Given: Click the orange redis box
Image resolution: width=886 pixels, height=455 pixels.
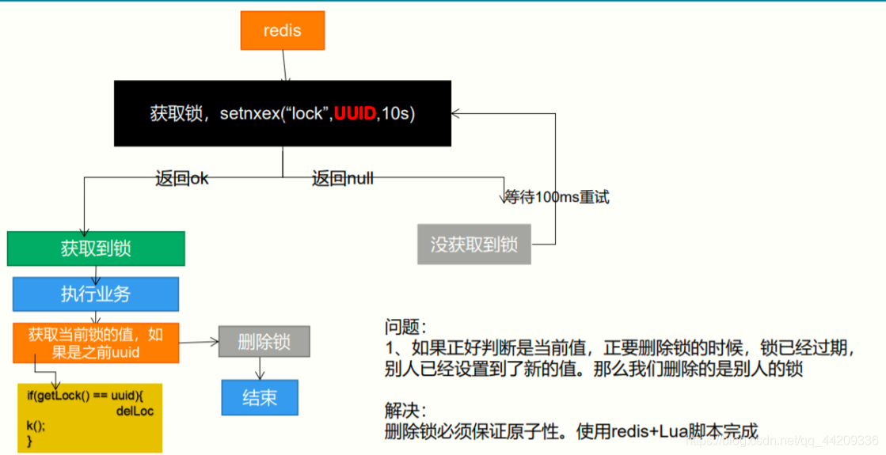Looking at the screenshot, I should tap(283, 31).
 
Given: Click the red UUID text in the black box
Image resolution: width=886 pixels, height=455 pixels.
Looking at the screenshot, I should tap(355, 114).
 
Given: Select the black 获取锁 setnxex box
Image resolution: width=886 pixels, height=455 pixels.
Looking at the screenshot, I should tap(283, 113).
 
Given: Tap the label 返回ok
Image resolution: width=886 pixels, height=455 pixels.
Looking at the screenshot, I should tap(182, 179).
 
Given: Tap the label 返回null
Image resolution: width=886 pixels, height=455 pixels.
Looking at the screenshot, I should tap(342, 179).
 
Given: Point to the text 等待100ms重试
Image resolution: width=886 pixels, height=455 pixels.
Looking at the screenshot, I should tap(557, 197).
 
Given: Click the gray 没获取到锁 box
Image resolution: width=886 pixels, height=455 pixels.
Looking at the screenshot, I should tap(473, 245).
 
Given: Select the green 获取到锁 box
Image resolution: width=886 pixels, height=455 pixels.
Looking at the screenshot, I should tap(96, 248).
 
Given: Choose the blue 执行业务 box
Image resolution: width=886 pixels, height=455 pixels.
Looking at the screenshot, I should tap(96, 294).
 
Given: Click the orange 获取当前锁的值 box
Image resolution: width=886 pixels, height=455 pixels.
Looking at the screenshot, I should tap(96, 343).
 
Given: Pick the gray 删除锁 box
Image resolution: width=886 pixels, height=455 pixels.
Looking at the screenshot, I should tap(264, 342).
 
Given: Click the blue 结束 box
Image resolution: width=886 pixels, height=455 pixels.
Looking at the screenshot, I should tap(260, 397).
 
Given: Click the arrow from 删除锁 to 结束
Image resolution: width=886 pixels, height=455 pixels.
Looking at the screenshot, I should tap(260, 368).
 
